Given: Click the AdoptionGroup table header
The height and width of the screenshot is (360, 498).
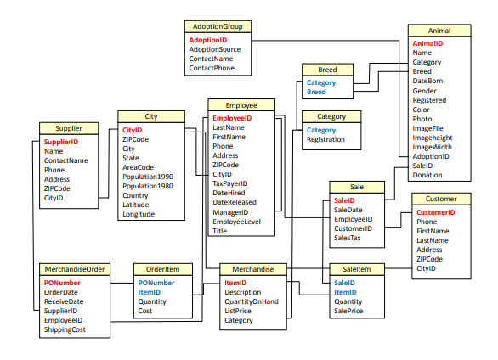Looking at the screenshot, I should click(217, 26).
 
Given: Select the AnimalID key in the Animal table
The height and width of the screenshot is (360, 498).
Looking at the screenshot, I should click(427, 43).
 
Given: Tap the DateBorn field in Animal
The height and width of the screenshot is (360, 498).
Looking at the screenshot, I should click(427, 82).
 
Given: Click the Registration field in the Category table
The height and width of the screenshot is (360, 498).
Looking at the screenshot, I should click(325, 139).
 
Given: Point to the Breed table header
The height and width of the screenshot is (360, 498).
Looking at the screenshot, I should click(327, 70).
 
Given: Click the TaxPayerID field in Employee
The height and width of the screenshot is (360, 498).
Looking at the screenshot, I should click(230, 183).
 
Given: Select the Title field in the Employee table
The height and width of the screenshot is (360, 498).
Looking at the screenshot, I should click(220, 231).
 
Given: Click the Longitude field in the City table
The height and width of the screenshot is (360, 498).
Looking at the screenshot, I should click(139, 214).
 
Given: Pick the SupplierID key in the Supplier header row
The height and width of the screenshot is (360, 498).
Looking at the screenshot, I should click(61, 142).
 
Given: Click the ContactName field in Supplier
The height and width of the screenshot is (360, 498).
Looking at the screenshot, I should click(65, 160).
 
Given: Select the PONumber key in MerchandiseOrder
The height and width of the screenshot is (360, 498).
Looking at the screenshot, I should click(62, 282).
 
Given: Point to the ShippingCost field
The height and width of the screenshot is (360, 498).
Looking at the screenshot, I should click(65, 329).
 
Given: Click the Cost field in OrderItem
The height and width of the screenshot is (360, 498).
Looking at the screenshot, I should click(144, 311).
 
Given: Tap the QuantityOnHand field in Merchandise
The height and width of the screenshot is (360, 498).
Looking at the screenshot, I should click(252, 301).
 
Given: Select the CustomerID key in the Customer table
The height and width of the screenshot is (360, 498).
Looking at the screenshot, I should click(436, 212).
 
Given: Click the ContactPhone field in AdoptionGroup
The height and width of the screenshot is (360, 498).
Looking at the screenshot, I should click(212, 68).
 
